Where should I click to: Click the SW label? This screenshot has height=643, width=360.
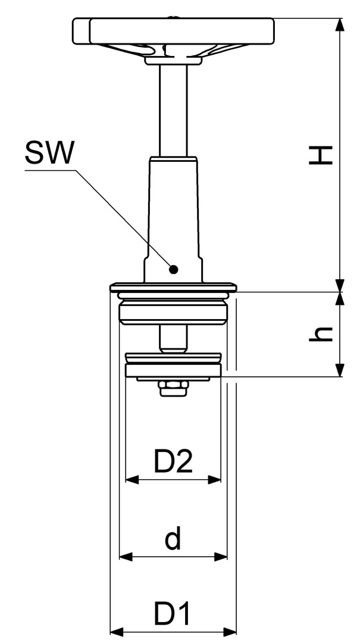49,152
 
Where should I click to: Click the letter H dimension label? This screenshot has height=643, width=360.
321,155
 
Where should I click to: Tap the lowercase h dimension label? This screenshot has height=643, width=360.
321,334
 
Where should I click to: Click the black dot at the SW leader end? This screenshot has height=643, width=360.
173,270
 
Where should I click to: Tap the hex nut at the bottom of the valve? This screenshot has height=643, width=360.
173,388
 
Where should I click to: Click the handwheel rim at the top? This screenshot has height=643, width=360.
173,31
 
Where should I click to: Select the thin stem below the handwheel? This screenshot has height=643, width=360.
173,111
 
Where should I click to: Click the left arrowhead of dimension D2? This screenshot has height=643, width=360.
132,479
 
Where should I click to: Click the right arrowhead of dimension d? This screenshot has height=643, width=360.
220,557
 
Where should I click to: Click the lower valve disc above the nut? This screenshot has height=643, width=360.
173,367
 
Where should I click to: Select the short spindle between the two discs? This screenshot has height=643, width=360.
173,339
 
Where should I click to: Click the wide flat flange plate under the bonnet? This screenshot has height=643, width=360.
173,287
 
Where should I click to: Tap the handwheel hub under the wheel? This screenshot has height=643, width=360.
173,60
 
